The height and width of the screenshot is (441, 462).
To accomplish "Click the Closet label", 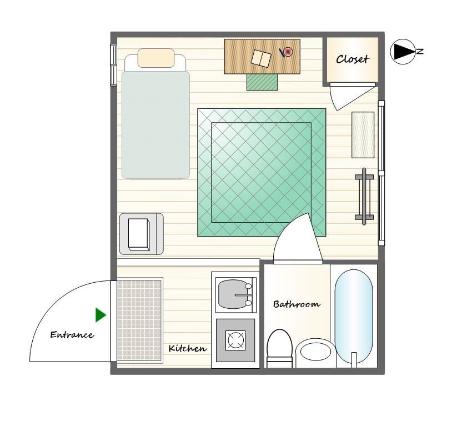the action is click(x=353, y=59).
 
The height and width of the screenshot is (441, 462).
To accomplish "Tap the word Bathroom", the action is click(x=297, y=304).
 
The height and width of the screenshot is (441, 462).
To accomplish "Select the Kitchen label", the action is click(x=188, y=348).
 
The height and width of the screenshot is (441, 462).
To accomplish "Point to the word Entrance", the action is click(x=72, y=334).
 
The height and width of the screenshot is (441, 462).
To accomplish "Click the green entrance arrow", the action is click(x=101, y=315).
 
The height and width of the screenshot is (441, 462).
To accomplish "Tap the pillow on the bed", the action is click(x=156, y=58).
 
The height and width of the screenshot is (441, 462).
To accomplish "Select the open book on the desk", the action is click(x=261, y=58).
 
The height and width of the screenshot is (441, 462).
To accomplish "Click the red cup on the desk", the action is click(x=288, y=52).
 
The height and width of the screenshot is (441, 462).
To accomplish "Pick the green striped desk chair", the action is click(x=262, y=82).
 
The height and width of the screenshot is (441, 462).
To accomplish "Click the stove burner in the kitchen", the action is click(x=235, y=340).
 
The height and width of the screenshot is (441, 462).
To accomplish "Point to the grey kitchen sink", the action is click(x=235, y=294).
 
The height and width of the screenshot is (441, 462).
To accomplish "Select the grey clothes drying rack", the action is click(x=364, y=197).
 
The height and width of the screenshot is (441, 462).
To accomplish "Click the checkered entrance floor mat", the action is click(x=140, y=320).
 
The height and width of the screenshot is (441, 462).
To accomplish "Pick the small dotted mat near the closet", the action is click(x=363, y=135).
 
